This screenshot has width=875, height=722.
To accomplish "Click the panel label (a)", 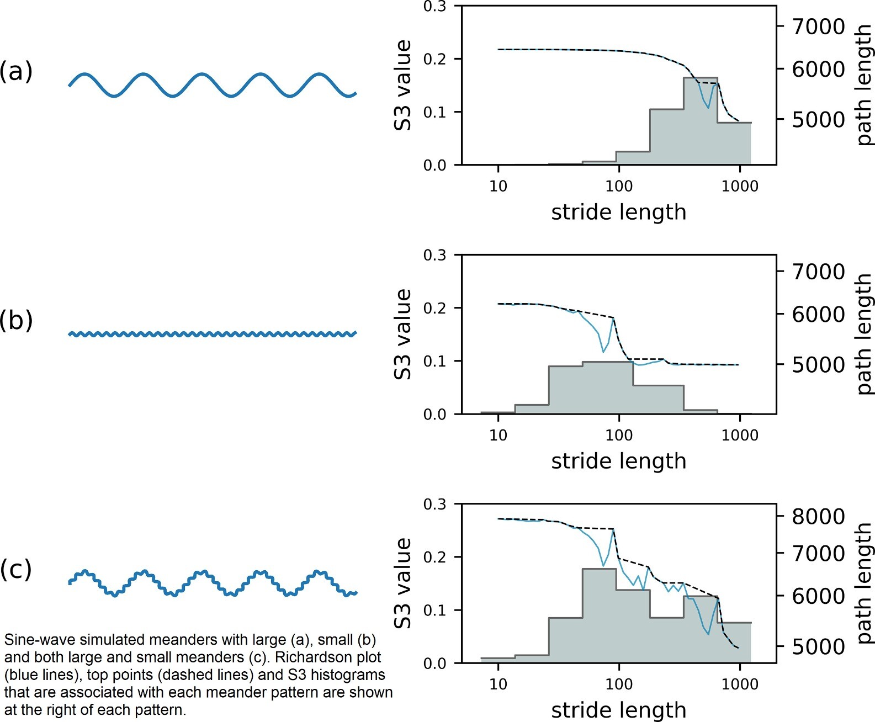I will [16, 71].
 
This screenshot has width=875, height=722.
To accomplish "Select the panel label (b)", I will [16, 320].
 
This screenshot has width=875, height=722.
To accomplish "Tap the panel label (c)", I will [16, 569].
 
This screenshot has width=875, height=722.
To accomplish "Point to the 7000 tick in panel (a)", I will [818, 26].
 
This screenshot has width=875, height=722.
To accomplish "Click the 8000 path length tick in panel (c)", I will [818, 517].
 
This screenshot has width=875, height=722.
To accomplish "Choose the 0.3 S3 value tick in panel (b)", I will [434, 256].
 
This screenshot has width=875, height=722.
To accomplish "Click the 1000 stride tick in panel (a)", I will [740, 186].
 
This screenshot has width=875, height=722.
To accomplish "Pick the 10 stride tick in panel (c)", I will [498, 684].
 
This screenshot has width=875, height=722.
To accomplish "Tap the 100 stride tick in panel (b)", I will [619, 436].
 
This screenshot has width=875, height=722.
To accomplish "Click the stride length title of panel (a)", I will [618, 212].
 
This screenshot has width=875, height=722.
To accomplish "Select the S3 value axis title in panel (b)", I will [403, 334].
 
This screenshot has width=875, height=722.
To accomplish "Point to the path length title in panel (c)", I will [863, 583].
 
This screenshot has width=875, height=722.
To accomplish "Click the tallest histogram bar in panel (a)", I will [701, 121].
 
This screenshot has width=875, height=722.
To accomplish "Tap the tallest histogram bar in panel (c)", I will [599, 615].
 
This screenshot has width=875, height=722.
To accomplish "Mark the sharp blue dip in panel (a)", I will [708, 107].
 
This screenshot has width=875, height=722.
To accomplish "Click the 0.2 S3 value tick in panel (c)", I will [434, 557].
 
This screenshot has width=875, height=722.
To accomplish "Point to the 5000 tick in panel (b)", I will [818, 365].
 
